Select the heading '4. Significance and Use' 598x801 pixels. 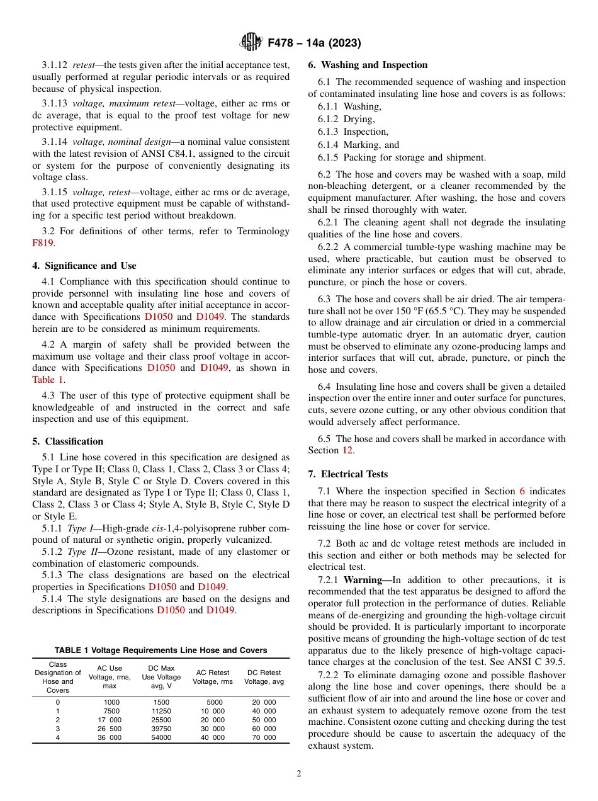coord(84,266)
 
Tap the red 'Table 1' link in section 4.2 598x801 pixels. coord(48,380)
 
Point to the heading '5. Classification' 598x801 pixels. coord(68,441)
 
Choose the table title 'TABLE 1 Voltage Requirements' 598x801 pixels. coord(161,650)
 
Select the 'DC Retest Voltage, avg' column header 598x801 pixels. coord(264,677)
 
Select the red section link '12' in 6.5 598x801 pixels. coord(347,450)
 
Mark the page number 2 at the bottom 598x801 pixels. coord(299,774)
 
